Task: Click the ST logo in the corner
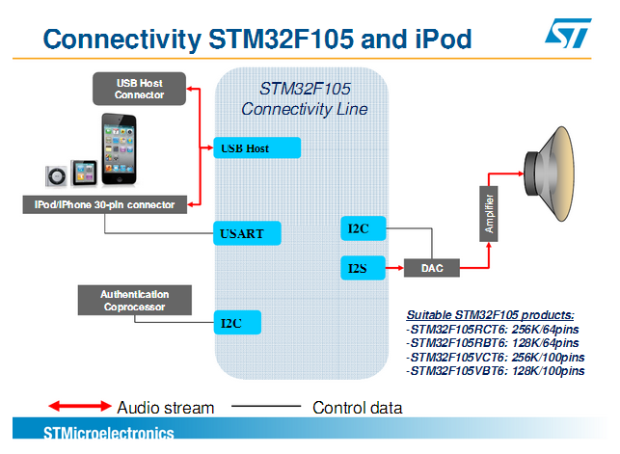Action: pyautogui.click(x=568, y=33)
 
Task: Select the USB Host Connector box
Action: pyautogui.click(x=139, y=89)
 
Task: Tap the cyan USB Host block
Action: pyautogui.click(x=257, y=147)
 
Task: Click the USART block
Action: pyautogui.click(x=247, y=233)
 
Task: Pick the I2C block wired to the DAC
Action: pyautogui.click(x=363, y=228)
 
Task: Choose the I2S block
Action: pyautogui.click(x=363, y=268)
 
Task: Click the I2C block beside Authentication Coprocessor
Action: pyautogui.click(x=237, y=322)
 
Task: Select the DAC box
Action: pyautogui.click(x=432, y=268)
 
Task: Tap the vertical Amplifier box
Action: pyautogui.click(x=489, y=214)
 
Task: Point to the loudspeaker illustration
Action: pyautogui.click(x=550, y=174)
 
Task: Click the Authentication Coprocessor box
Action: pyautogui.click(x=135, y=301)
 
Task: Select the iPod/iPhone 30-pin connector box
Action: pyautogui.click(x=105, y=204)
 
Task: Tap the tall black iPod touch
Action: pyautogui.click(x=119, y=149)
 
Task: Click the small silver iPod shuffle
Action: pyautogui.click(x=56, y=175)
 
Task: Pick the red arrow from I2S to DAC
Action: pyautogui.click(x=394, y=268)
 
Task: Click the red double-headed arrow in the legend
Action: pyautogui.click(x=80, y=406)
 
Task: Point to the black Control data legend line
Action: pyautogui.click(x=266, y=406)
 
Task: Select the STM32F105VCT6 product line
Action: pyautogui.click(x=496, y=358)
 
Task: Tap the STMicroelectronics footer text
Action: pyautogui.click(x=109, y=433)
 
